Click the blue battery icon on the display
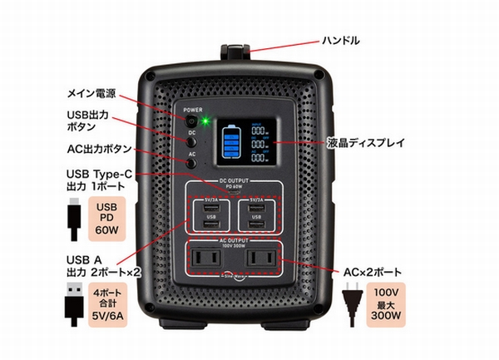[232, 143]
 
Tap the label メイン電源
[94, 91]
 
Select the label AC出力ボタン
[99, 150]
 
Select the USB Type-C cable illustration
[72, 218]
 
